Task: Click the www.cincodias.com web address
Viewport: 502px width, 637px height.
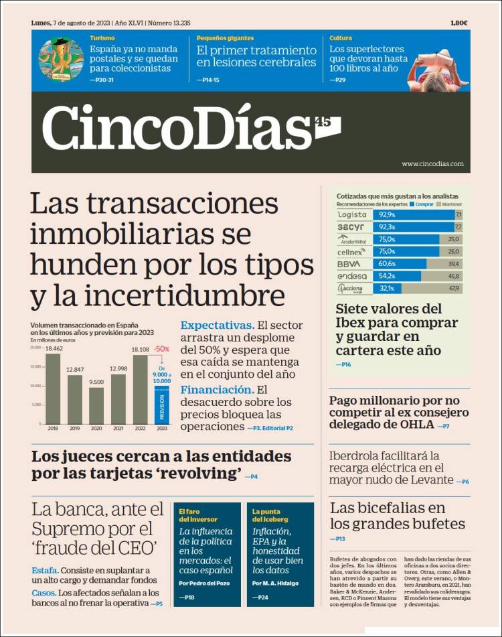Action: coord(432,163)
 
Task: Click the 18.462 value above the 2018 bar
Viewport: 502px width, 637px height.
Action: coord(54,349)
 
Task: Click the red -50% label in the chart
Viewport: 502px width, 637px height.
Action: coord(161,349)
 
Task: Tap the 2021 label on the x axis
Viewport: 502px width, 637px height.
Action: coord(118,427)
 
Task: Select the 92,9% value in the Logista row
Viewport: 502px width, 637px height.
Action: coord(387,215)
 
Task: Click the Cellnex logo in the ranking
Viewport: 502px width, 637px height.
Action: coord(352,252)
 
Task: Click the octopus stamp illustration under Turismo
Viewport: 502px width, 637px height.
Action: coord(61,60)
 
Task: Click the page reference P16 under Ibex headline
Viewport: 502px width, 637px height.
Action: coord(343,364)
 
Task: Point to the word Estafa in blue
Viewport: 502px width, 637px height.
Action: coord(44,570)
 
